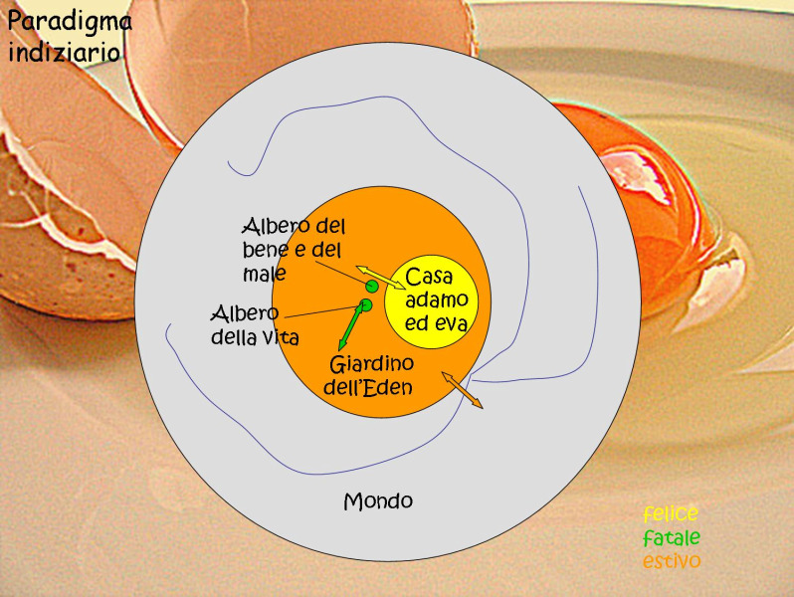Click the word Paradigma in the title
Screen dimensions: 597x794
click(x=70, y=20)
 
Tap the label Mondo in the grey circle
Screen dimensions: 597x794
click(x=378, y=500)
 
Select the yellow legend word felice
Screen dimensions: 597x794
click(x=671, y=514)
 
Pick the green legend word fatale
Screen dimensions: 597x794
click(x=671, y=538)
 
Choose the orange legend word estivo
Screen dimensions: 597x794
click(x=671, y=562)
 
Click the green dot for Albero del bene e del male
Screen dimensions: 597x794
click(x=371, y=287)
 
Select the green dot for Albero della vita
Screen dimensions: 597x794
click(x=366, y=304)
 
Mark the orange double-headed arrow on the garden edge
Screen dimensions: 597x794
click(x=462, y=389)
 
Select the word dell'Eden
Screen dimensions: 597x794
click(x=367, y=386)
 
